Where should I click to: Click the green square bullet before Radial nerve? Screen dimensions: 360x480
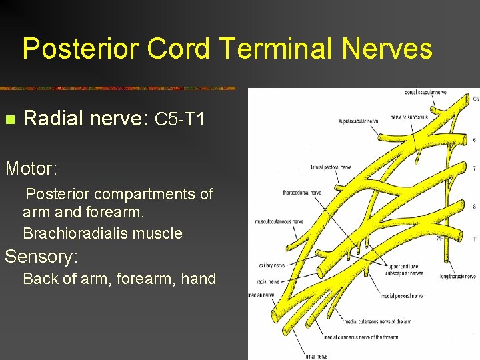tap(9, 120)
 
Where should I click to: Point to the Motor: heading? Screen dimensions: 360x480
tap(29, 168)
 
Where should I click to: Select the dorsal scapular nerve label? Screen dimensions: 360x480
tap(426, 92)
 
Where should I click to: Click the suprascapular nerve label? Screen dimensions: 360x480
tap(358, 121)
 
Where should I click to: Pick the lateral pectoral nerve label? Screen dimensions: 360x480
tap(331, 167)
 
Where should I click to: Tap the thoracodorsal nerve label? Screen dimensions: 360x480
tap(302, 192)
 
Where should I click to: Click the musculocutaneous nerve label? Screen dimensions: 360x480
tap(279, 221)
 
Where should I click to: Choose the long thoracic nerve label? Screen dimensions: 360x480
tap(457, 276)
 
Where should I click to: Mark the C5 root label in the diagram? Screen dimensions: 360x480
tap(475, 99)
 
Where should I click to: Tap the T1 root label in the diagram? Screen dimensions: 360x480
tap(475, 238)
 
